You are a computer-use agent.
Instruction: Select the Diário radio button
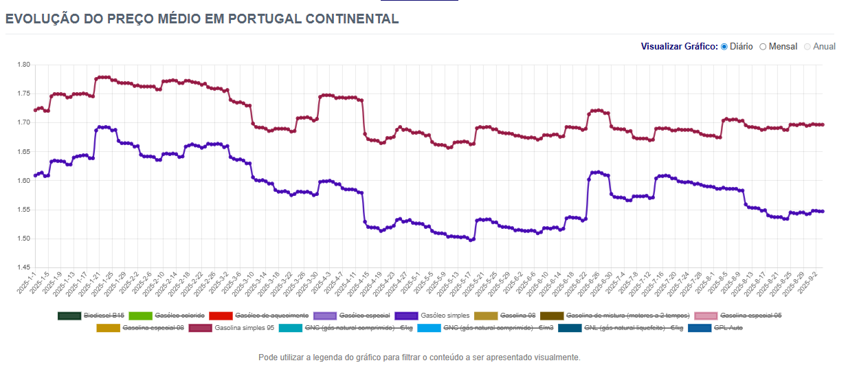click(724, 47)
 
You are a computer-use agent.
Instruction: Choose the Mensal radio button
click(763, 47)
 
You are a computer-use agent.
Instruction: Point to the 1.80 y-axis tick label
click(24, 65)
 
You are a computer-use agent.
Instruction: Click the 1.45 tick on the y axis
click(24, 268)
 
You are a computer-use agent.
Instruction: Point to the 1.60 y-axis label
click(24, 181)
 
